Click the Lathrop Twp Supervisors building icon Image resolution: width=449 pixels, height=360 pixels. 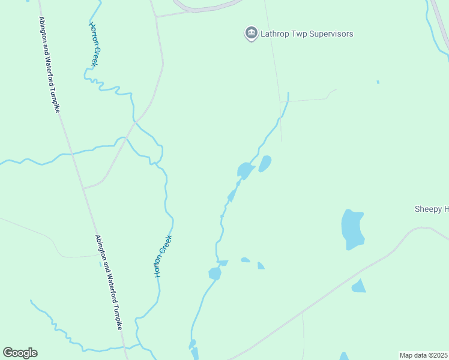pos(251,33)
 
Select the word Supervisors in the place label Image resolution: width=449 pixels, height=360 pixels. pos(331,34)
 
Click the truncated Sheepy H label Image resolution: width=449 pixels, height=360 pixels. pos(431,209)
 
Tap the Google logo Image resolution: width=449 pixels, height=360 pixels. pos(20,353)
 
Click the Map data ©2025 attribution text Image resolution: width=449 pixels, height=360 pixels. pos(423,355)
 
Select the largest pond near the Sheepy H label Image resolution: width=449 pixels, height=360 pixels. pos(352,229)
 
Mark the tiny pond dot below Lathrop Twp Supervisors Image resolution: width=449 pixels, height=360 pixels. pos(378,82)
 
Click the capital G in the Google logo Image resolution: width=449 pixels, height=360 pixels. pos(8,353)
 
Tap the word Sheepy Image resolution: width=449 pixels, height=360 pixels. pos(427,209)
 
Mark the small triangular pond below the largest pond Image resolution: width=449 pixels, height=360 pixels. pos(358,286)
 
